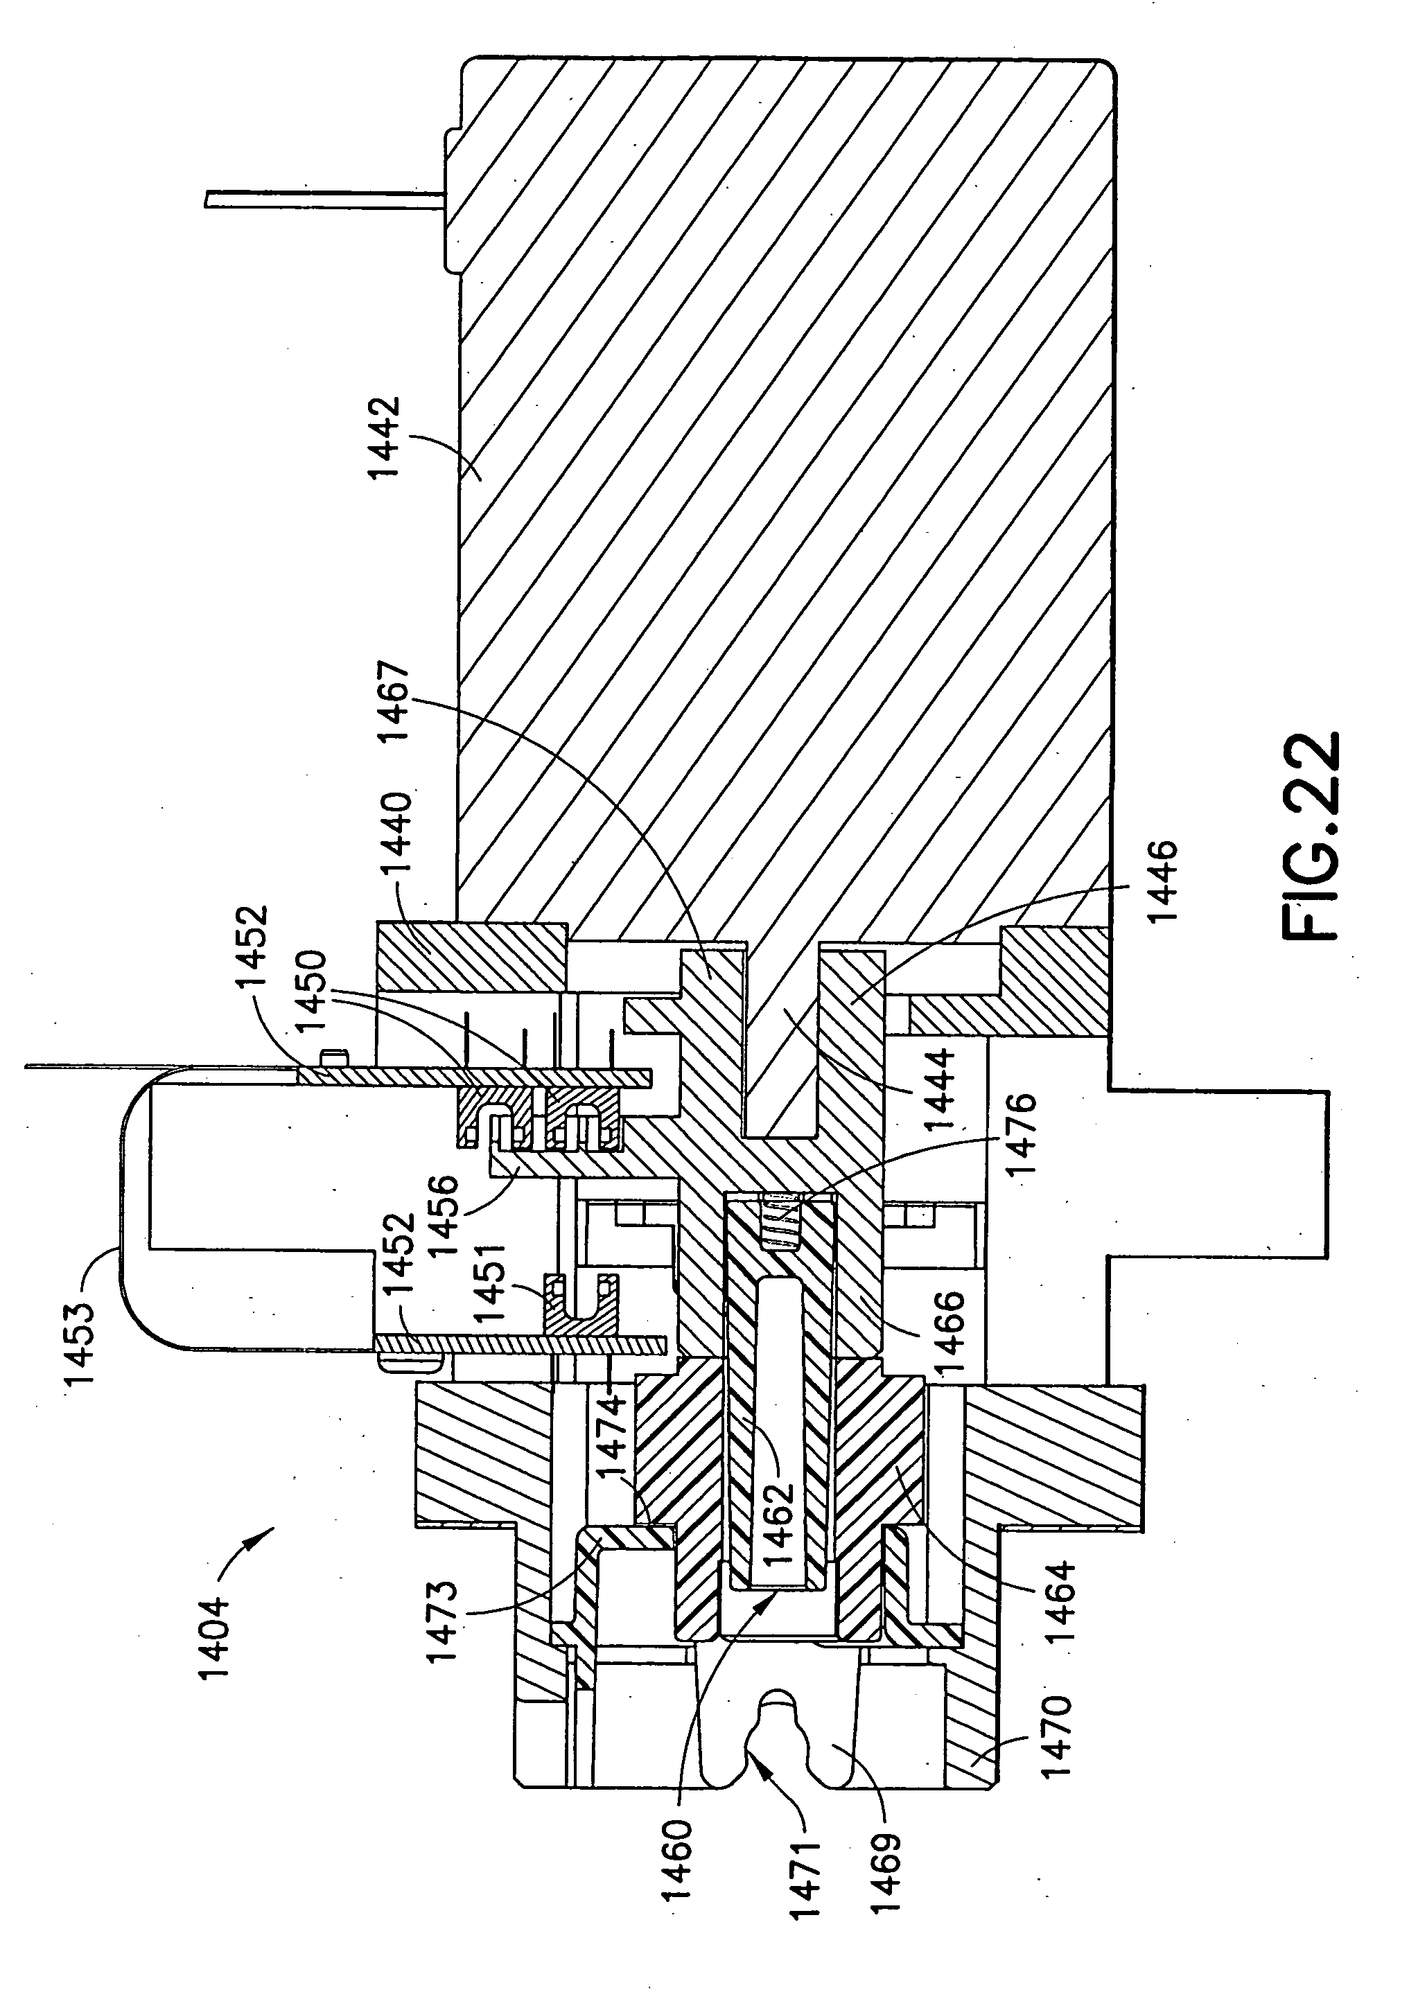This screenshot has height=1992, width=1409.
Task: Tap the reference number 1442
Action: (x=383, y=437)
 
